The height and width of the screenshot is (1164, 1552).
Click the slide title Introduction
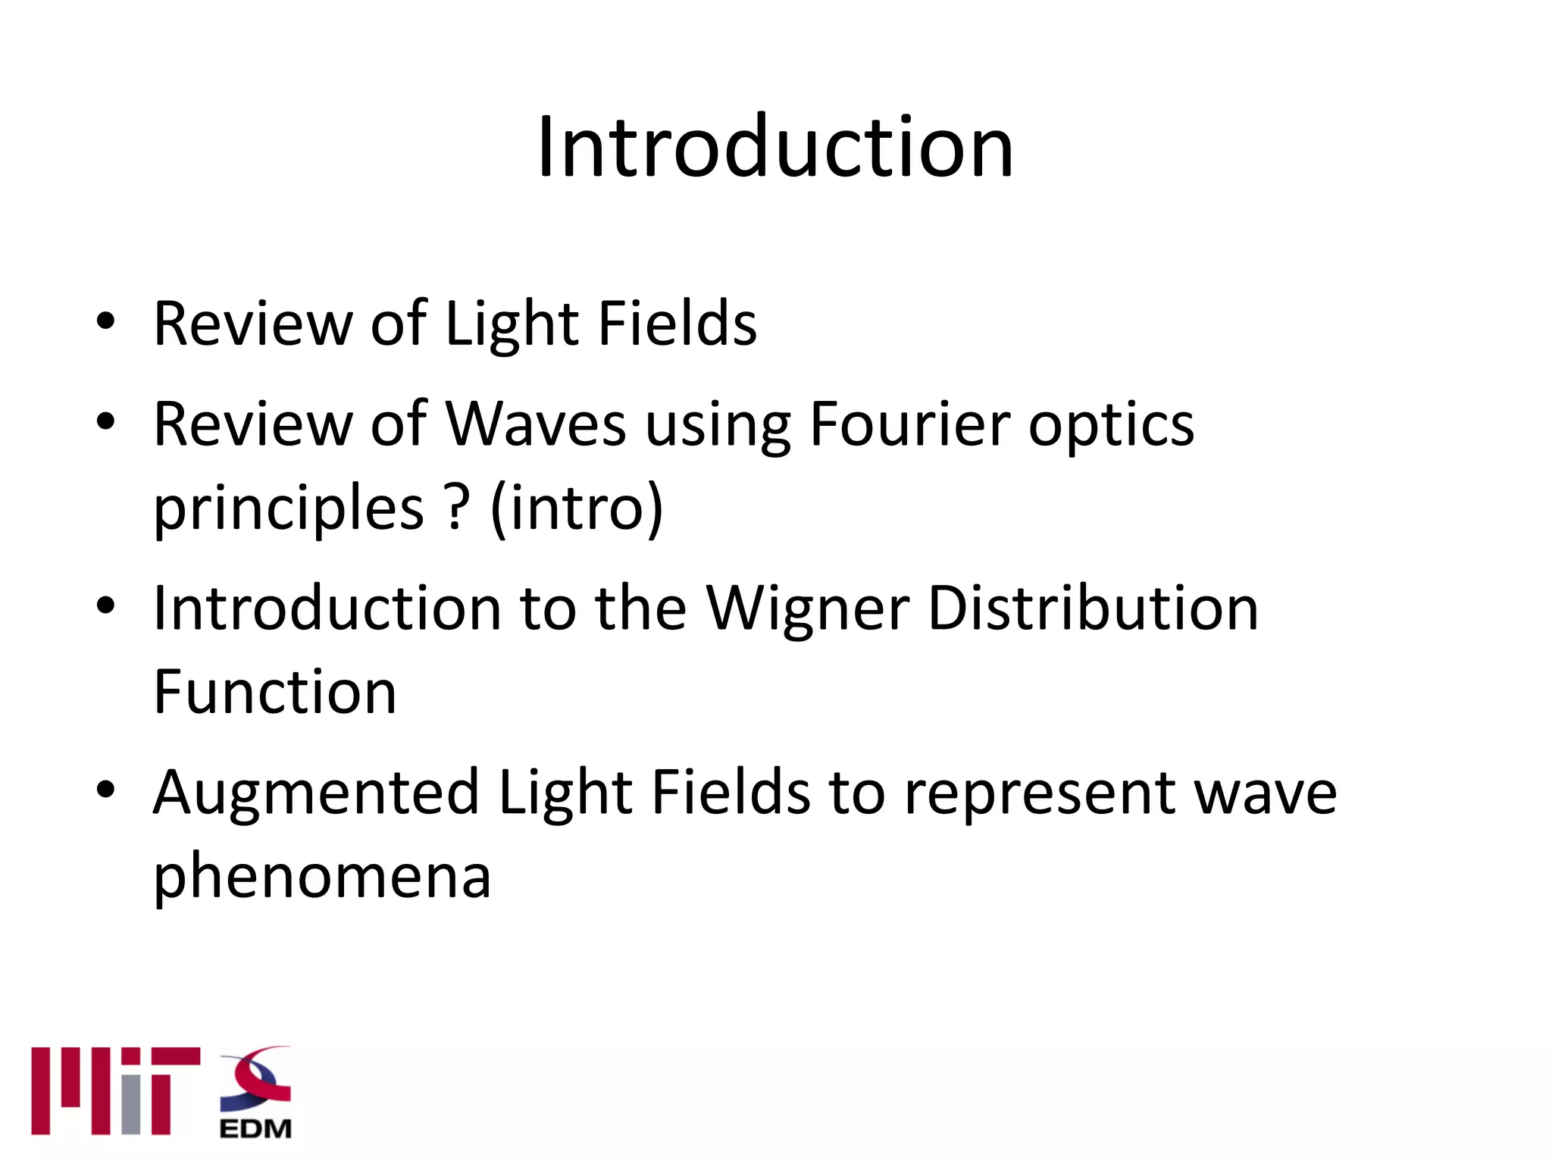[774, 148]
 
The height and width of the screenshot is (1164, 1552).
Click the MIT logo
[115, 1090]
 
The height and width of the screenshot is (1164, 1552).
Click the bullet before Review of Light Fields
[105, 321]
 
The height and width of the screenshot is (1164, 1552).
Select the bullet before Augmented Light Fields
[105, 790]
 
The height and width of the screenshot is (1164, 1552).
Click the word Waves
[535, 424]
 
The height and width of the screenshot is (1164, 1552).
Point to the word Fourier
[909, 424]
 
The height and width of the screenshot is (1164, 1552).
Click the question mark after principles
[457, 508]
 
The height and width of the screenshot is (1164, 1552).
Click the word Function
[275, 693]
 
